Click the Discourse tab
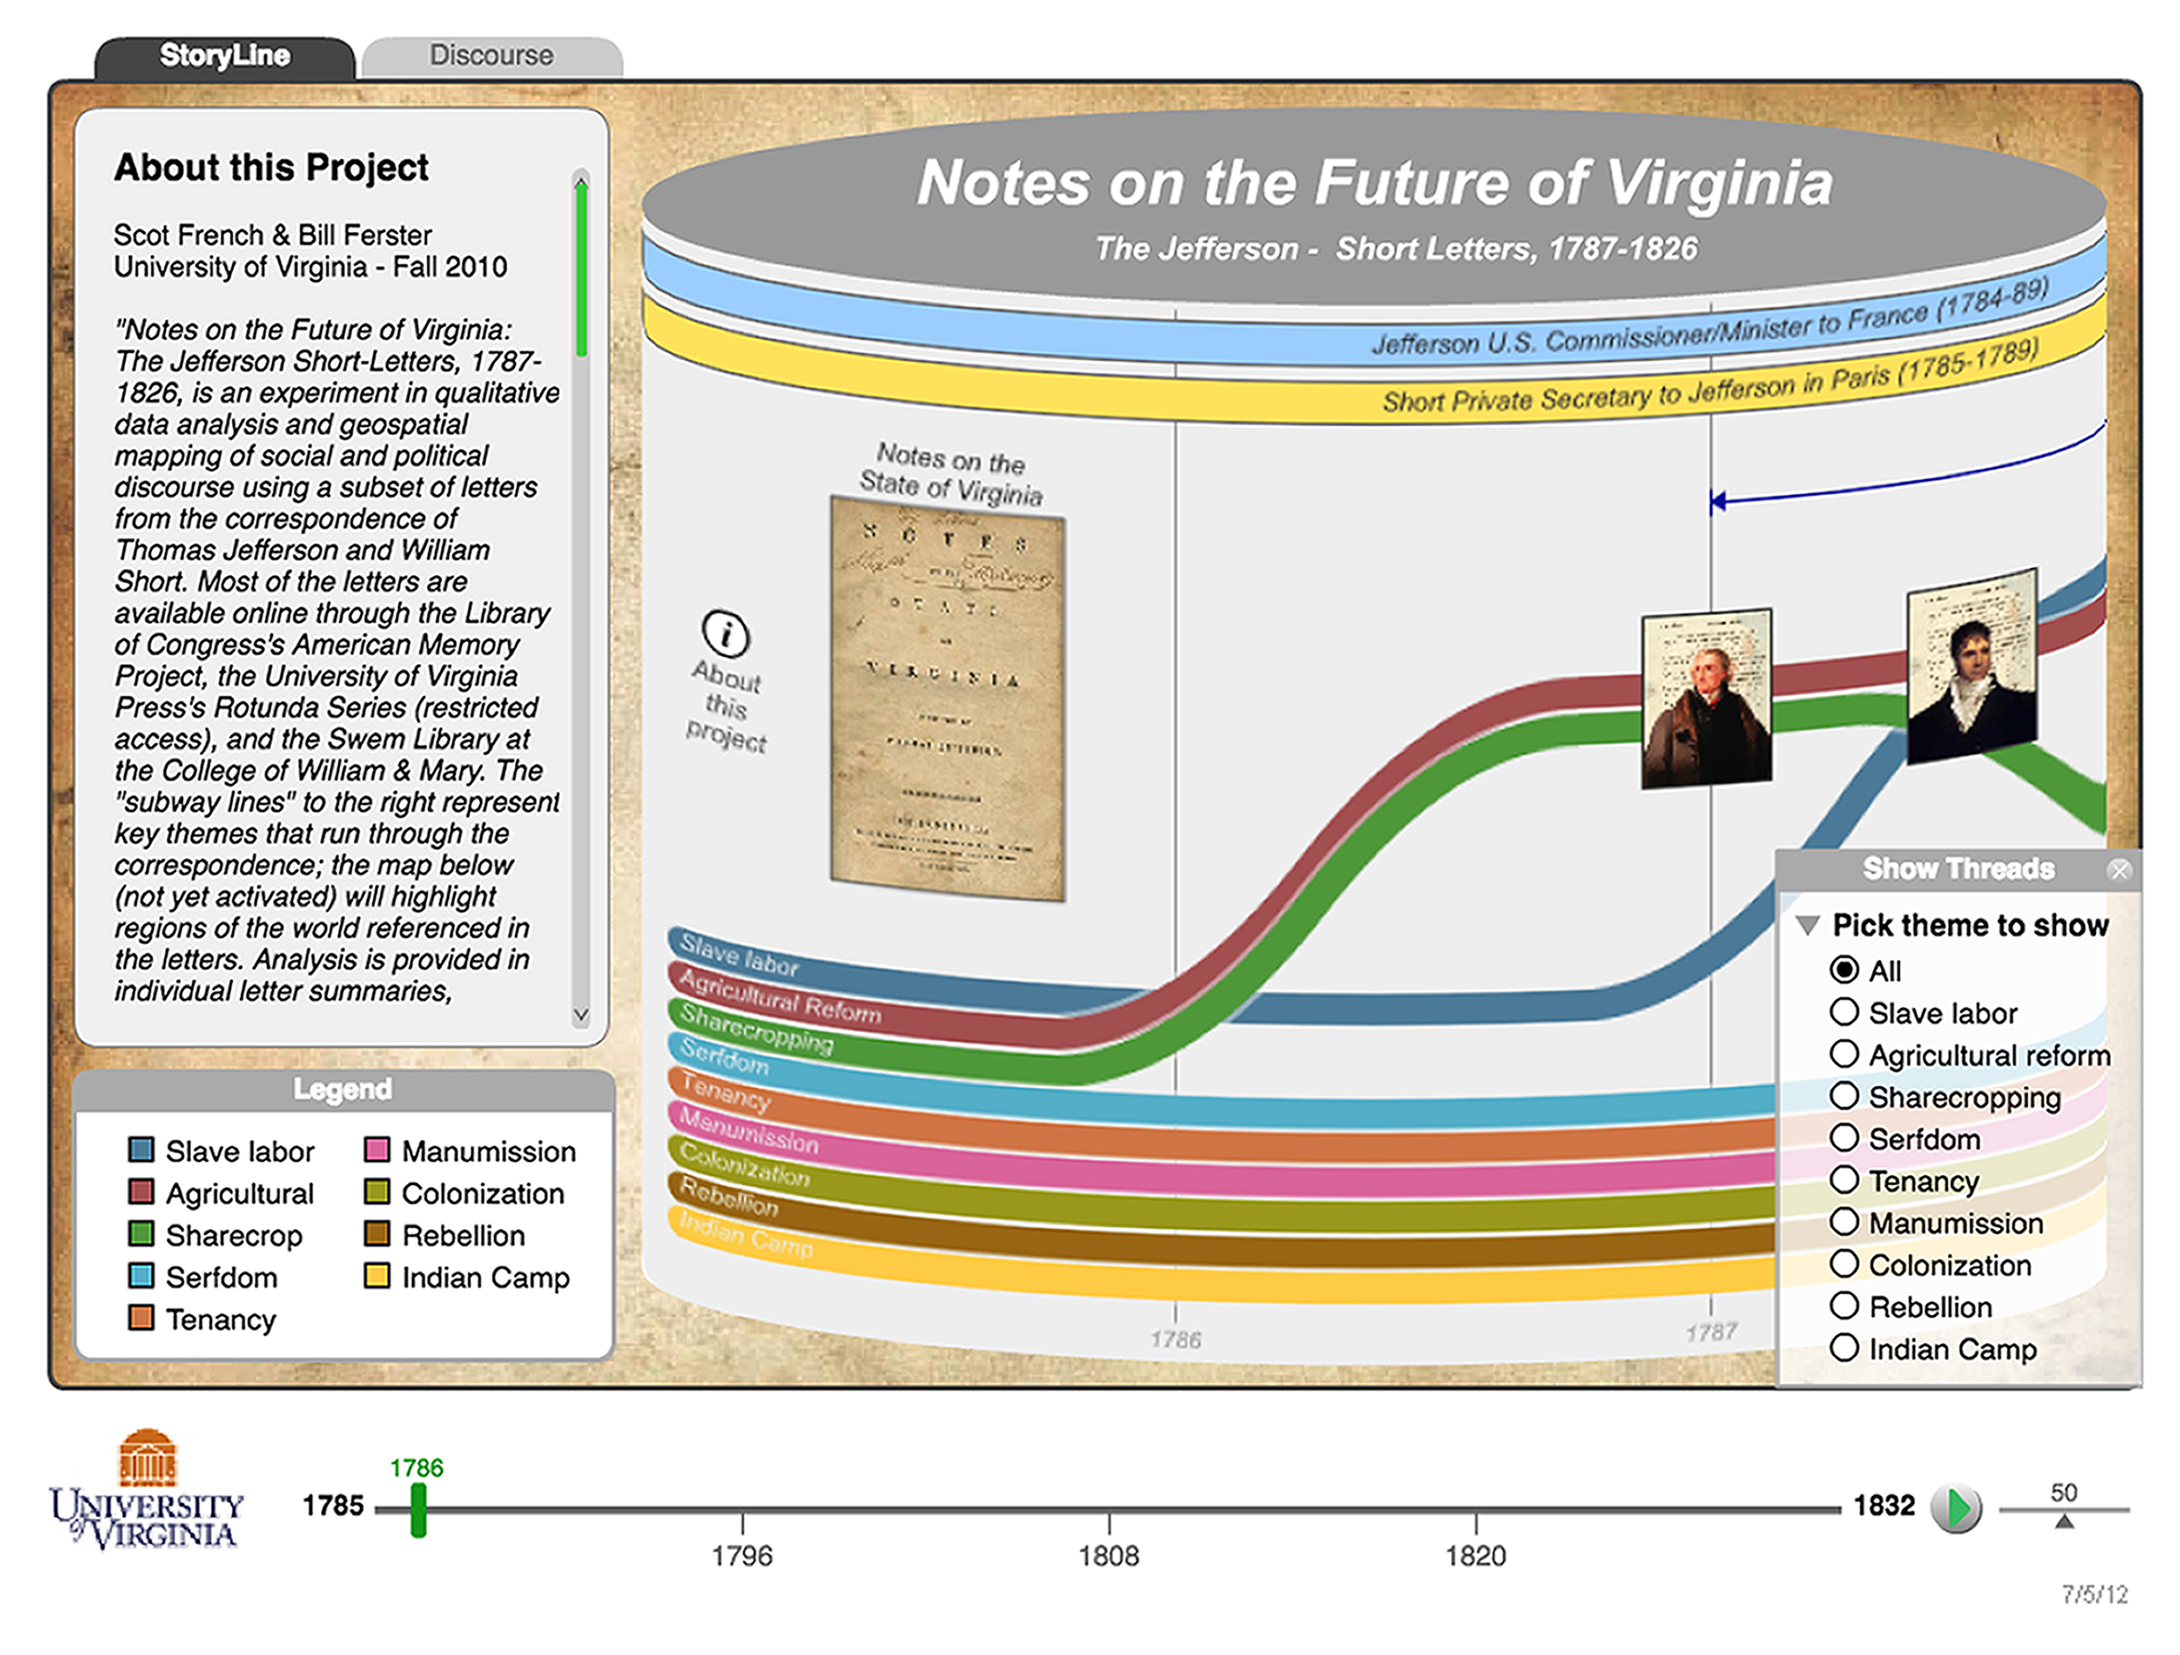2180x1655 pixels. pyautogui.click(x=491, y=56)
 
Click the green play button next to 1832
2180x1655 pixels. pyautogui.click(x=1957, y=1508)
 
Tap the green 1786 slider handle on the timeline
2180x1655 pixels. pyautogui.click(x=419, y=1509)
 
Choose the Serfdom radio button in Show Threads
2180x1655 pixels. pyautogui.click(x=1844, y=1138)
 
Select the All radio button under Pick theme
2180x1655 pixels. pyautogui.click(x=1844, y=970)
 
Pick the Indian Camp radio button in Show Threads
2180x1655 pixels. pyautogui.click(x=1844, y=1348)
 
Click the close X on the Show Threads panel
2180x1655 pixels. pyautogui.click(x=2119, y=869)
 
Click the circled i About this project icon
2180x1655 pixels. pyautogui.click(x=726, y=634)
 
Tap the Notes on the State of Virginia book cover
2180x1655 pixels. pyautogui.click(x=947, y=698)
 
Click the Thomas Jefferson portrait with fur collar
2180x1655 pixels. pyautogui.click(x=1706, y=698)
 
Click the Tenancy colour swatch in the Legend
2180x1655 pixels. pyautogui.click(x=141, y=1318)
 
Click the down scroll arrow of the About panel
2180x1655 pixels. pyautogui.click(x=582, y=1015)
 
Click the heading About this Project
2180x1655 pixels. pyautogui.click(x=271, y=168)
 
